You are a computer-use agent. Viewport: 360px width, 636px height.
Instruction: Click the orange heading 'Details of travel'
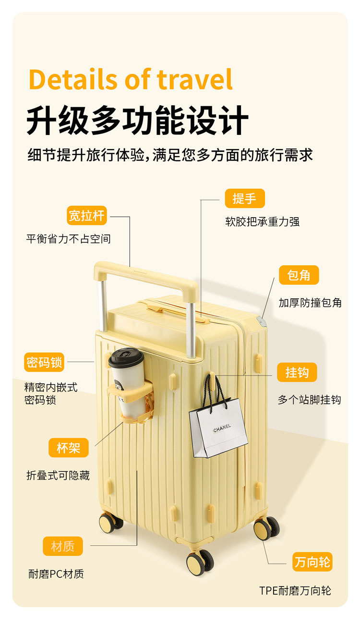[131, 80]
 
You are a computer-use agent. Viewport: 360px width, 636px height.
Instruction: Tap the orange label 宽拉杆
[86, 216]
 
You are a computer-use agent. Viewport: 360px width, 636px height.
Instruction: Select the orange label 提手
[245, 198]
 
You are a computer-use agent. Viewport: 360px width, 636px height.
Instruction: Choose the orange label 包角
[299, 275]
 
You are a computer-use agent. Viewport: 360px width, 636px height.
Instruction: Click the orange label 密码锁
[44, 362]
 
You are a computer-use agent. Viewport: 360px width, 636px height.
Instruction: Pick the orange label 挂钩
[297, 372]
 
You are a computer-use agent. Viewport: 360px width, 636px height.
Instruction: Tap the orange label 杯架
[69, 448]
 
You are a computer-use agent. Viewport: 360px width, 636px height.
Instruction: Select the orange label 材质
[63, 546]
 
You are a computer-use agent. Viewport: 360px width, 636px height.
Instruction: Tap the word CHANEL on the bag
[222, 427]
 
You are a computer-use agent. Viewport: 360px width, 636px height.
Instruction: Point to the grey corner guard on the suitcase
[262, 321]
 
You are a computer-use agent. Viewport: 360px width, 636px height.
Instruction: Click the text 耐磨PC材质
[56, 574]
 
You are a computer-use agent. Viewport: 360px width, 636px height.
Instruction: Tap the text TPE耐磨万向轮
[295, 590]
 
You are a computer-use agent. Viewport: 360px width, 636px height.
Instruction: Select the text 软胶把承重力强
[263, 222]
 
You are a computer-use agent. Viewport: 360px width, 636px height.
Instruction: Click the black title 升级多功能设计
[137, 121]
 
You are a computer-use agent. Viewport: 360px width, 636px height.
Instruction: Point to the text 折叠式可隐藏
[58, 476]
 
